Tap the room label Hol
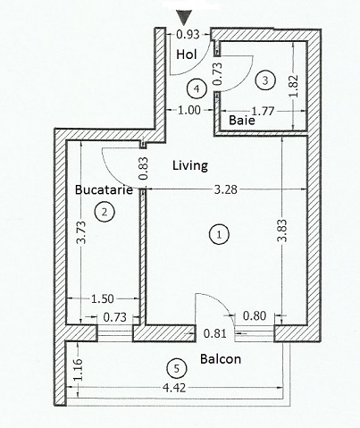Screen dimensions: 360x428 click(x=187, y=55)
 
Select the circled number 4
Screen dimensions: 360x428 click(x=197, y=88)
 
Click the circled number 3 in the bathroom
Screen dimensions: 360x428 click(x=265, y=80)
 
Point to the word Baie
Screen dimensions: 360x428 click(x=242, y=121)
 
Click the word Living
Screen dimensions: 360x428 click(x=190, y=165)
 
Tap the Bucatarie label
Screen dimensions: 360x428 click(x=104, y=189)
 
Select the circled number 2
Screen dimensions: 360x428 click(x=105, y=212)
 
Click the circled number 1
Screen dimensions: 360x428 click(x=219, y=235)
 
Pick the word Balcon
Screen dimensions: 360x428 click(x=221, y=359)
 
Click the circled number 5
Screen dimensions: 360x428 click(x=177, y=369)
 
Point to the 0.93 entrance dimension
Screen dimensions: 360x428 click(x=188, y=35)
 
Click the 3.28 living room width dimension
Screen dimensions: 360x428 click(x=226, y=189)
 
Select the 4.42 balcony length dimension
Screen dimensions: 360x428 click(x=174, y=388)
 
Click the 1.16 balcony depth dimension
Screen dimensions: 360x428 click(x=78, y=369)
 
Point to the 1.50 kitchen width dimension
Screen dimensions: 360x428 click(x=102, y=298)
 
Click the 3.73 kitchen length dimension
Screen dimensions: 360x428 click(x=81, y=232)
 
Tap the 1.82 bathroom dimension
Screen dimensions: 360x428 click(x=293, y=86)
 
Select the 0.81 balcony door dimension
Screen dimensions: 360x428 click(x=215, y=333)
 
